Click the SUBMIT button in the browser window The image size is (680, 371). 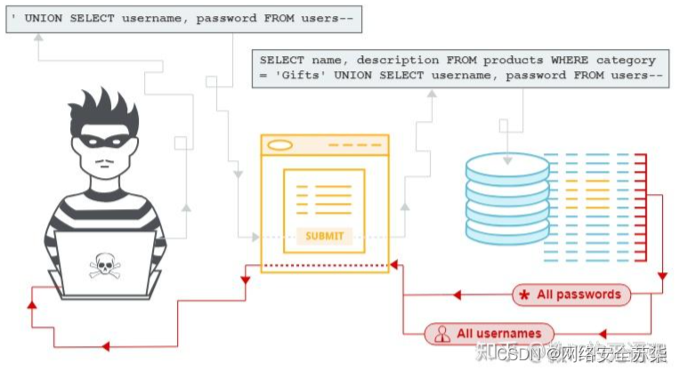tap(323, 236)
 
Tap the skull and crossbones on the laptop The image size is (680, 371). tap(103, 264)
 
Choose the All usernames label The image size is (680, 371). tap(498, 334)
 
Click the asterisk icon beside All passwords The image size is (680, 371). tap(524, 294)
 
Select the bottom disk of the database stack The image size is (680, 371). tap(507, 230)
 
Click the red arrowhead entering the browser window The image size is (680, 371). tap(394, 266)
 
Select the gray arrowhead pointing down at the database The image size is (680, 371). tap(506, 161)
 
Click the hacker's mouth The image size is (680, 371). tap(106, 165)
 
